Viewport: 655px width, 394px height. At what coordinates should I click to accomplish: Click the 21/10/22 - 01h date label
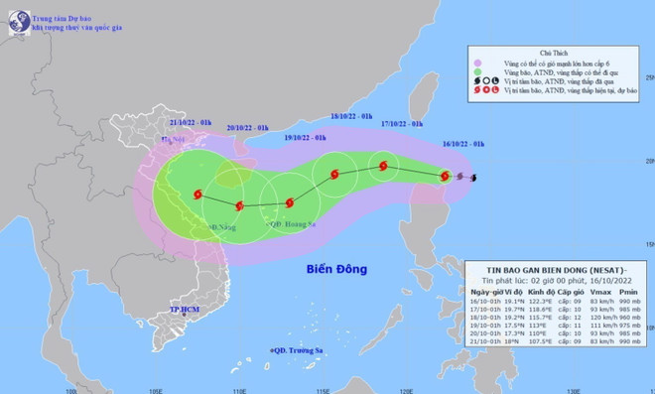click(x=191, y=122)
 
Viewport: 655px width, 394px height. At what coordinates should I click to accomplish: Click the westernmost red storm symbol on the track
click(x=196, y=195)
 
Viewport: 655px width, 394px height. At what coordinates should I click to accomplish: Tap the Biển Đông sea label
click(x=335, y=269)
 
